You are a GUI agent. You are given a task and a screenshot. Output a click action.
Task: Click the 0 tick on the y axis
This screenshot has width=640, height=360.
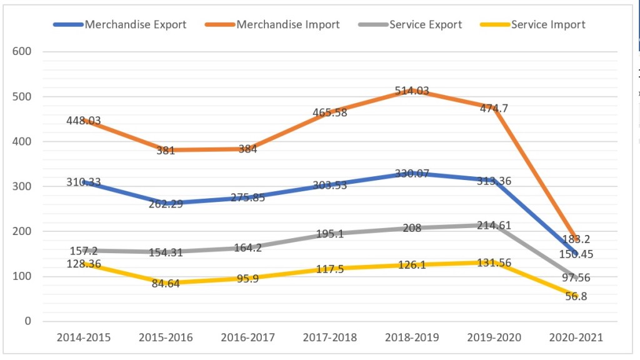(x=27, y=321)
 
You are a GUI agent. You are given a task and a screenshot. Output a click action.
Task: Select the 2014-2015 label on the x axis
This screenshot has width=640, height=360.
(x=84, y=337)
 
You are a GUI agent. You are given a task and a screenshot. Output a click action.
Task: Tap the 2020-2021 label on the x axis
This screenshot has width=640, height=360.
(x=576, y=337)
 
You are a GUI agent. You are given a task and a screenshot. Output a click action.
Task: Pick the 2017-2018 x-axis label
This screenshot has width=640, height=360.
(x=330, y=337)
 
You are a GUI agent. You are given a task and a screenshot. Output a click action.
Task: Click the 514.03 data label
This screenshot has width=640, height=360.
(x=412, y=91)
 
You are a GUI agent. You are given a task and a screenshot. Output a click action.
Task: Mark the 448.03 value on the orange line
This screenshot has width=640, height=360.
(x=84, y=121)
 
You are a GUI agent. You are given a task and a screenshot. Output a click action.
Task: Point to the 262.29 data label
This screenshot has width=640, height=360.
(x=166, y=203)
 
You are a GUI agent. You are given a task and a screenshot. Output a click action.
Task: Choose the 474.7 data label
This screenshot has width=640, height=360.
(x=494, y=108)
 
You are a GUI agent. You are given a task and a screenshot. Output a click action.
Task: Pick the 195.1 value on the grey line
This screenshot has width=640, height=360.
(x=330, y=233)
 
